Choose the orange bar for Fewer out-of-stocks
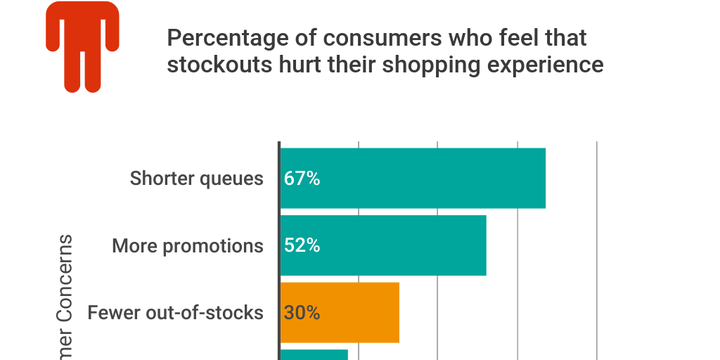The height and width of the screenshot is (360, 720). [x=352, y=312]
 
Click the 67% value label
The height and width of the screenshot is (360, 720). [x=302, y=179]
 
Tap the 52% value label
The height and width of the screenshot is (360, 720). [x=302, y=245]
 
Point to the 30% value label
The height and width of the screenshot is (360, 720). [x=302, y=312]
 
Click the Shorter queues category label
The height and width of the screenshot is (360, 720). [x=196, y=179]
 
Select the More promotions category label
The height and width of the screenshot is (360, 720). [x=188, y=245]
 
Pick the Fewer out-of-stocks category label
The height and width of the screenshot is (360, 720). [x=175, y=312]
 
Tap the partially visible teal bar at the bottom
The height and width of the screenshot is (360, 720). [x=314, y=354]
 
